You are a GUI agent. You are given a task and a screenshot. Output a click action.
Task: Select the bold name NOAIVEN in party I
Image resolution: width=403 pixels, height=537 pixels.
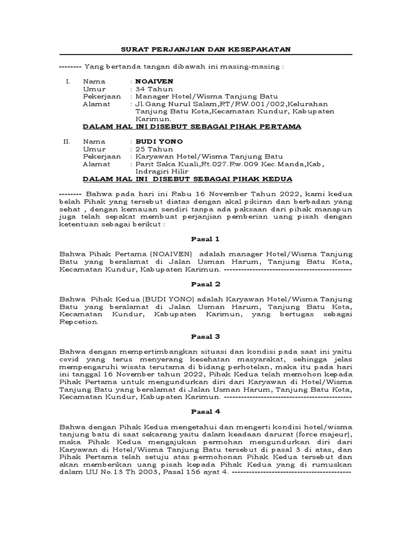tap(154, 82)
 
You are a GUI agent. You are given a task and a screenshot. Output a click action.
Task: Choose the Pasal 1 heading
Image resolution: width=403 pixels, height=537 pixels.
tap(206, 239)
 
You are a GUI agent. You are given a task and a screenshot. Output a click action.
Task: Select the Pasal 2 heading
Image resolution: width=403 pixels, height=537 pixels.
tap(206, 284)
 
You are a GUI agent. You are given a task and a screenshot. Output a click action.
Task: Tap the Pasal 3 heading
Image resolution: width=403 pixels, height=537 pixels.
tap(206, 336)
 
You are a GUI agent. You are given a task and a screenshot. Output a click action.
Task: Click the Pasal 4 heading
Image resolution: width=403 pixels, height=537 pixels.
tap(206, 412)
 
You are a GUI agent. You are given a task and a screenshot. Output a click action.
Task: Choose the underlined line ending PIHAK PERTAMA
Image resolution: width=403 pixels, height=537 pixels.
tap(192, 126)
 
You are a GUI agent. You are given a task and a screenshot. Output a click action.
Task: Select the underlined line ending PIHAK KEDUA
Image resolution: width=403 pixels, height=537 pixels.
tap(188, 179)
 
